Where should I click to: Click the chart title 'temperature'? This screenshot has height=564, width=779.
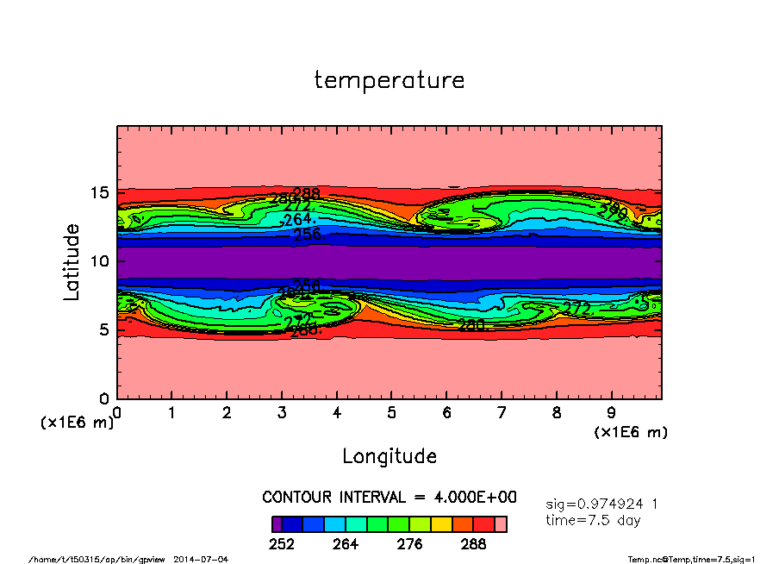pos(389,80)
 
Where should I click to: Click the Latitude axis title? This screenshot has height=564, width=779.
pos(72,261)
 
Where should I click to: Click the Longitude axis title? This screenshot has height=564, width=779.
pos(389,456)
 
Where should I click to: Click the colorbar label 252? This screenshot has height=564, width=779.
pos(282,544)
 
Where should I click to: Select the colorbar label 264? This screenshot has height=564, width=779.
pos(346,544)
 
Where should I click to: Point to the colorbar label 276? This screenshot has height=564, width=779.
pos(409,544)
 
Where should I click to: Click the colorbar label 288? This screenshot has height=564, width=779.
pos(473,544)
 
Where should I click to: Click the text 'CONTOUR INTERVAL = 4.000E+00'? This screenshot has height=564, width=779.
pos(389,498)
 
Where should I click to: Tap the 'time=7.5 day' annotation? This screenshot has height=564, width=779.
pos(593,520)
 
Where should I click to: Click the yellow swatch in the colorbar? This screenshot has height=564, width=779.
pos(442,523)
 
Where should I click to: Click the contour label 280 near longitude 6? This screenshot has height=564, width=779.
pos(471,325)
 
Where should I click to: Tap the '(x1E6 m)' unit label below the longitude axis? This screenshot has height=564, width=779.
pos(631,431)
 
